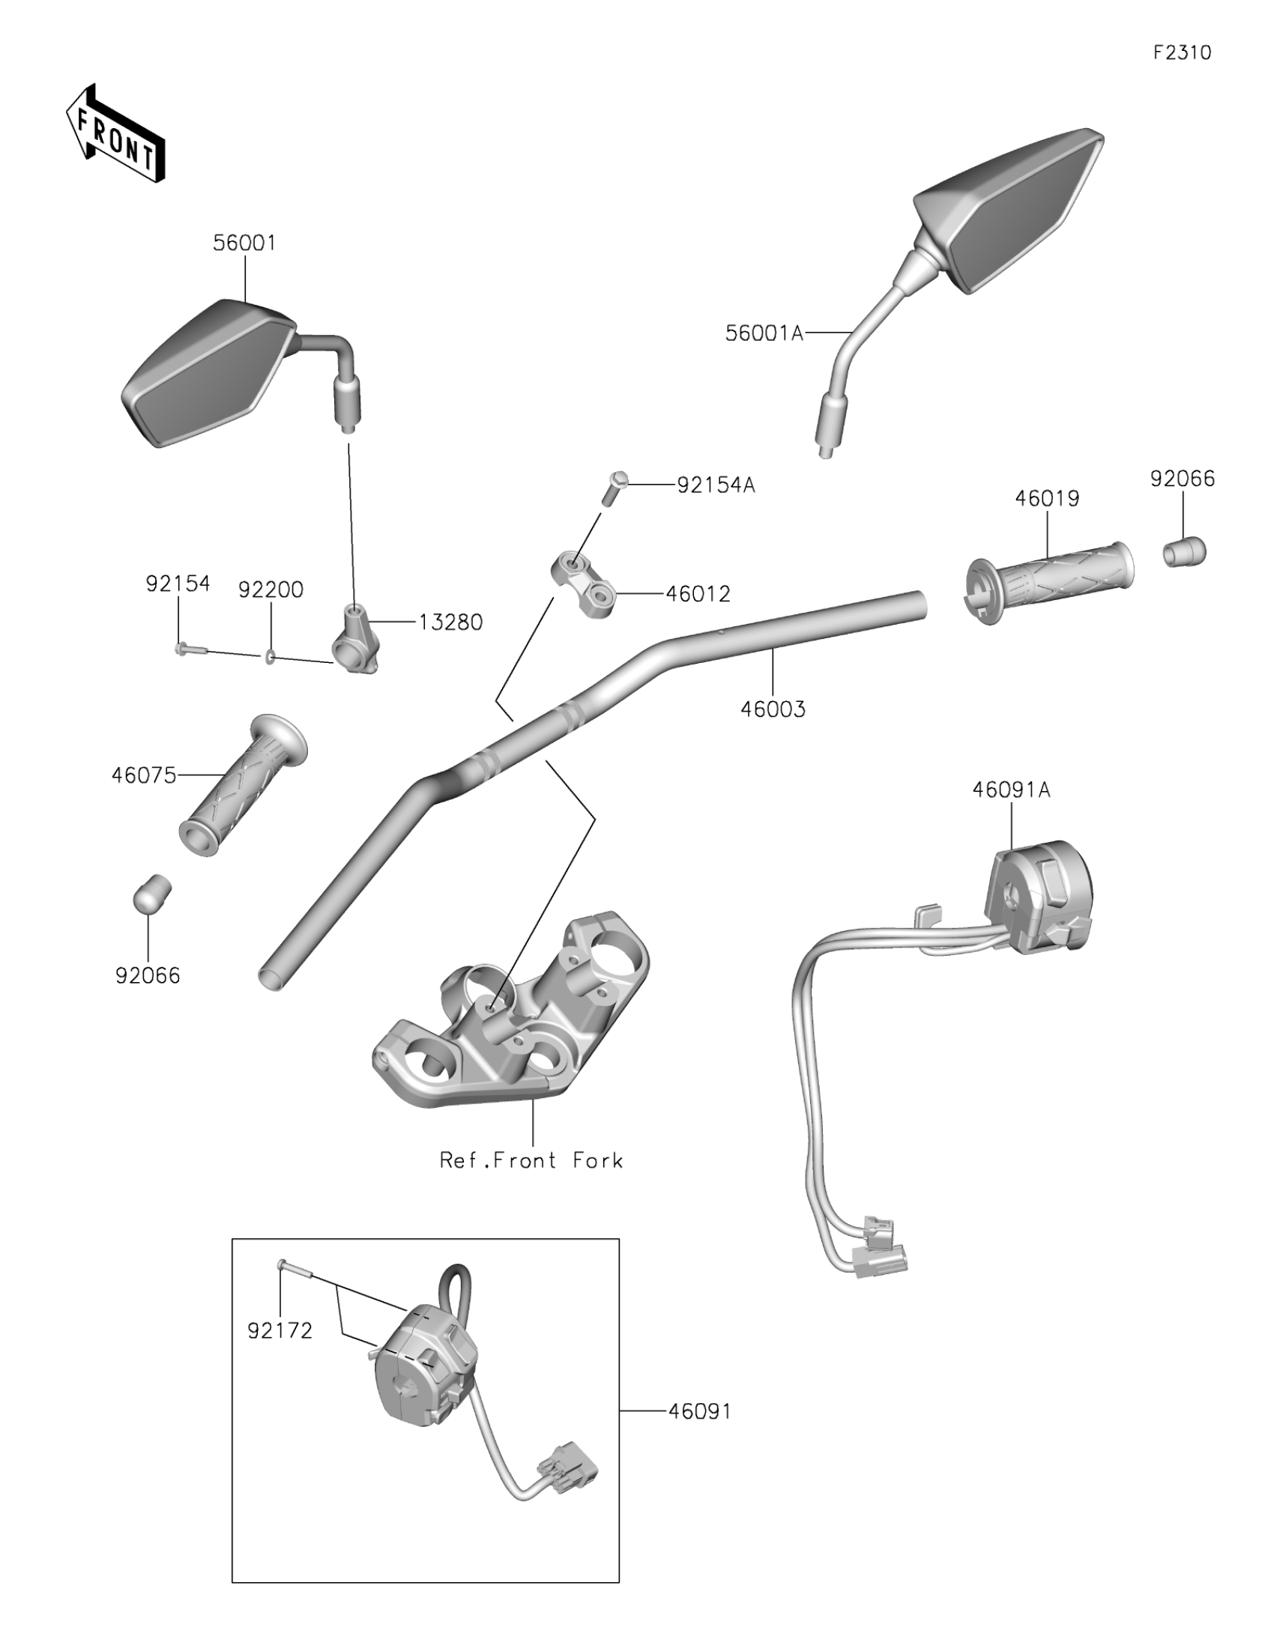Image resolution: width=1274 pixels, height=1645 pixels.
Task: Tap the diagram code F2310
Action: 1182,52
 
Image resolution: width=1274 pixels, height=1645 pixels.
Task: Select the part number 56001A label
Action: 764,333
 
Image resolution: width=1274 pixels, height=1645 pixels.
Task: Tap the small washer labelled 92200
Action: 268,658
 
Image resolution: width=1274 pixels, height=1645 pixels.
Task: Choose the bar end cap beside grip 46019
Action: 1184,552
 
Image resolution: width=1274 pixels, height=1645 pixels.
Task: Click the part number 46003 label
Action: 773,709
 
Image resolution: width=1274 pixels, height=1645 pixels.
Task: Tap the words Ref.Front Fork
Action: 532,1160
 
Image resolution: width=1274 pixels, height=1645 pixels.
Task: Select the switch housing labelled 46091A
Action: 1040,900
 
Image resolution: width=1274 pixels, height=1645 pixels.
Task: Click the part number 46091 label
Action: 700,1410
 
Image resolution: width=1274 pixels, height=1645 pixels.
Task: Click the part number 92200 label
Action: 271,590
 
